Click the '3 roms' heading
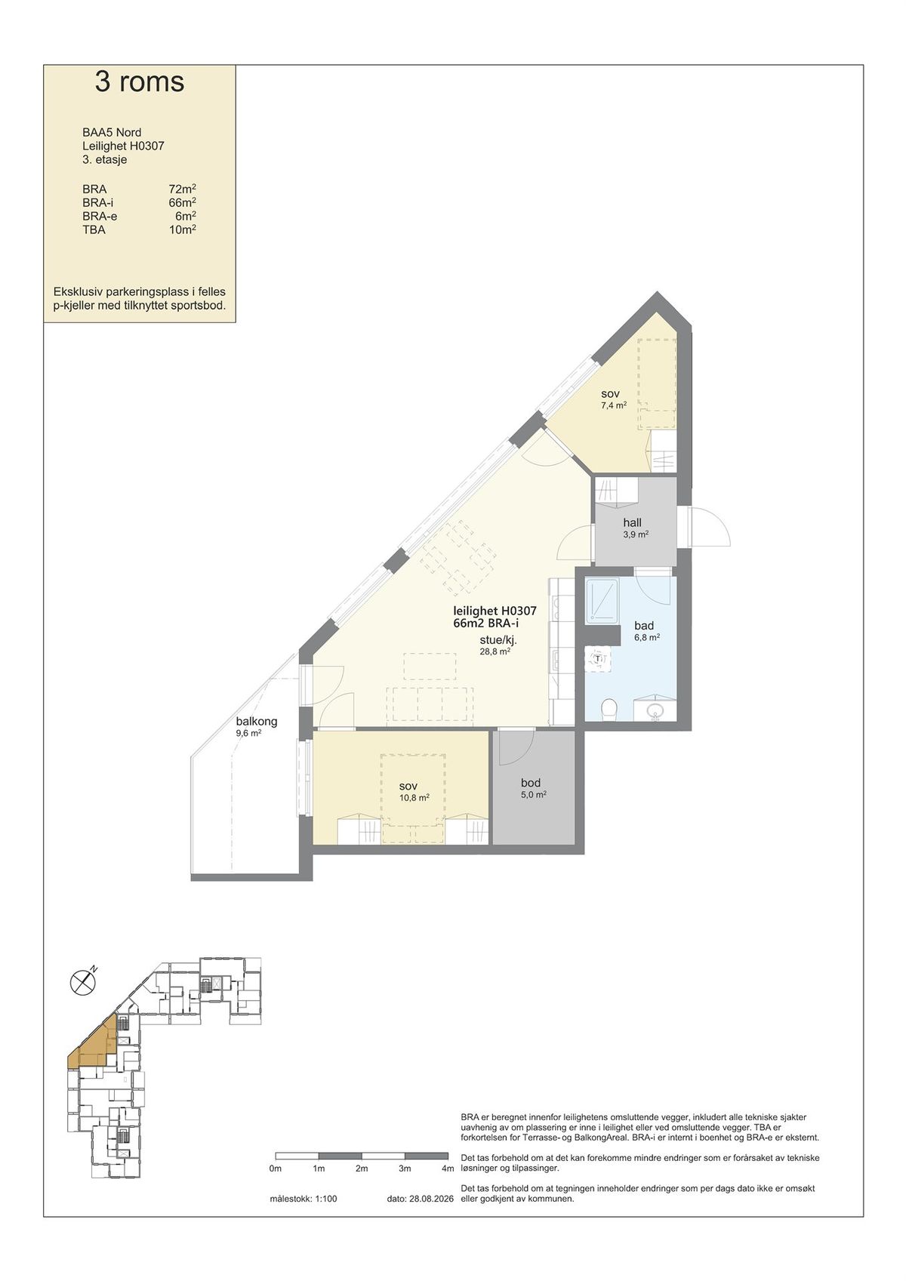(140, 82)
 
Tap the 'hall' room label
(632, 522)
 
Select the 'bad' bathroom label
(644, 626)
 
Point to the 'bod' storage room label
(530, 783)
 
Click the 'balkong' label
(256, 722)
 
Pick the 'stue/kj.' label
(498, 640)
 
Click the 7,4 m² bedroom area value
(613, 405)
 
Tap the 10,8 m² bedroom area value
(414, 798)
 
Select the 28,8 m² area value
(495, 651)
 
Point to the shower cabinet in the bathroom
(601, 600)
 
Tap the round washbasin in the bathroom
(655, 711)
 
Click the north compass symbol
(83, 983)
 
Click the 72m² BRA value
(183, 189)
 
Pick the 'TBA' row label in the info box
(94, 230)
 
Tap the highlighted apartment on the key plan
(95, 1043)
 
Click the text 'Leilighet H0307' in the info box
(123, 146)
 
